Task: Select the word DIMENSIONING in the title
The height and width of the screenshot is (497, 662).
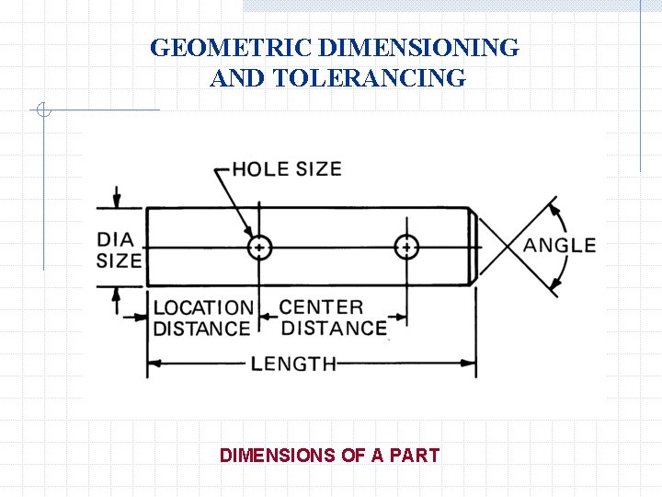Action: (x=422, y=47)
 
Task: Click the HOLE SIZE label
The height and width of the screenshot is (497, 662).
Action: (x=286, y=168)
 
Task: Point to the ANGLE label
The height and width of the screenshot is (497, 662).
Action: (x=560, y=246)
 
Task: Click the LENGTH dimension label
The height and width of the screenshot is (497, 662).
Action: (x=294, y=364)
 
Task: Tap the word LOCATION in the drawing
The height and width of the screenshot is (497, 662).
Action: (x=202, y=307)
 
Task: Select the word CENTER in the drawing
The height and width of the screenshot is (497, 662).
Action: (x=321, y=307)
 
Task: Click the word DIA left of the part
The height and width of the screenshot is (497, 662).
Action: (x=115, y=239)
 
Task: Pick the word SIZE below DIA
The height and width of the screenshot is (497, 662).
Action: (x=119, y=260)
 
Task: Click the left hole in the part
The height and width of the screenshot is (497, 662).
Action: (x=260, y=247)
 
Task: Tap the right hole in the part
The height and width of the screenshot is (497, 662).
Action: (x=406, y=247)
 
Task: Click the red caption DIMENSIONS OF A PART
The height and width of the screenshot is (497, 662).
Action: (x=329, y=455)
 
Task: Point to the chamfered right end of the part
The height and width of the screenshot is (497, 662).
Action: (x=474, y=247)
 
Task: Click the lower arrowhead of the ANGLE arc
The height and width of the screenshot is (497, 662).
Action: (x=554, y=288)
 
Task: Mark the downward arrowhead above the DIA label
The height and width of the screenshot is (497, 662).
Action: (x=117, y=202)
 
